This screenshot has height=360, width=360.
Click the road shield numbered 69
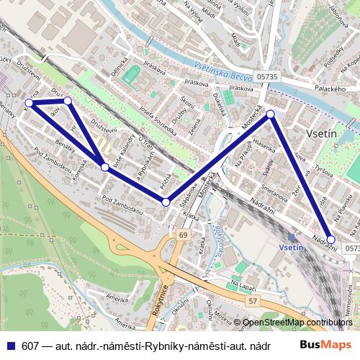pyautogui.click(x=184, y=235)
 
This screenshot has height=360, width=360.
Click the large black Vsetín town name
pyautogui.click(x=321, y=135)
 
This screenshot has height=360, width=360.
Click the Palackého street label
pyautogui.click(x=332, y=89)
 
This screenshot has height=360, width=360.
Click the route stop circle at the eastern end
pyautogui.click(x=330, y=239)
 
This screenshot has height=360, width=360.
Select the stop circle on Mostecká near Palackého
pyautogui.click(x=271, y=114)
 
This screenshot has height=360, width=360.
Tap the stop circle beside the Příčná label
pyautogui.click(x=166, y=202)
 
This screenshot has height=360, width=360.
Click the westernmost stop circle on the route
pyautogui.click(x=33, y=100)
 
